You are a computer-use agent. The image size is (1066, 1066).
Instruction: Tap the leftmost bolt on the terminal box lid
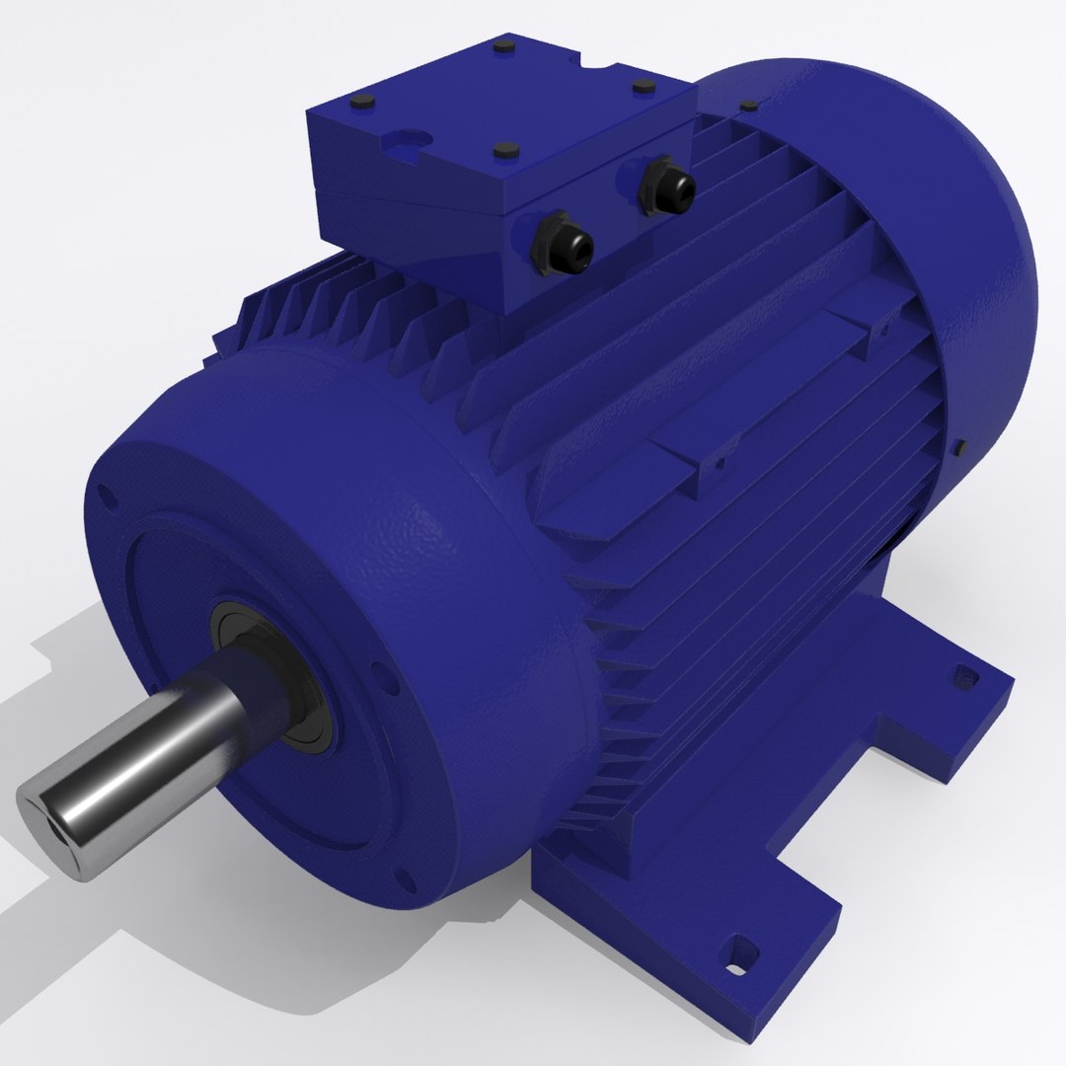point(358,103)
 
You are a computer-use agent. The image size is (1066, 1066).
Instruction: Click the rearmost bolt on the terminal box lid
point(504,46)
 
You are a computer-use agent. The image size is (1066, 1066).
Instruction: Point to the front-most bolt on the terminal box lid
point(506,151)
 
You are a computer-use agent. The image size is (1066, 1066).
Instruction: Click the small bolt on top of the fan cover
point(749,106)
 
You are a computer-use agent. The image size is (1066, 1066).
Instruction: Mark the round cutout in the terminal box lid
point(408,141)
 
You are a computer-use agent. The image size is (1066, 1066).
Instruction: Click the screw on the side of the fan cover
point(957,449)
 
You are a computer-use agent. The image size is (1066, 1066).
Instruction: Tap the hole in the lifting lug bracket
point(718,460)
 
